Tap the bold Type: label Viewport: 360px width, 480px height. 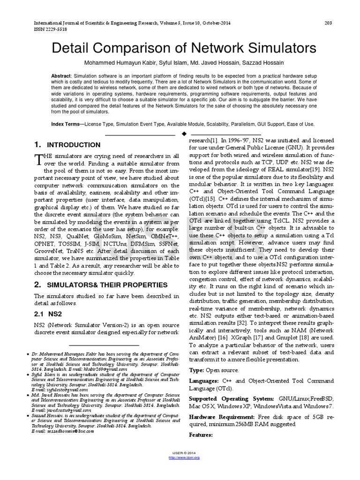(196, 370)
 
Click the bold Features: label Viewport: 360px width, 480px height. (201, 435)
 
